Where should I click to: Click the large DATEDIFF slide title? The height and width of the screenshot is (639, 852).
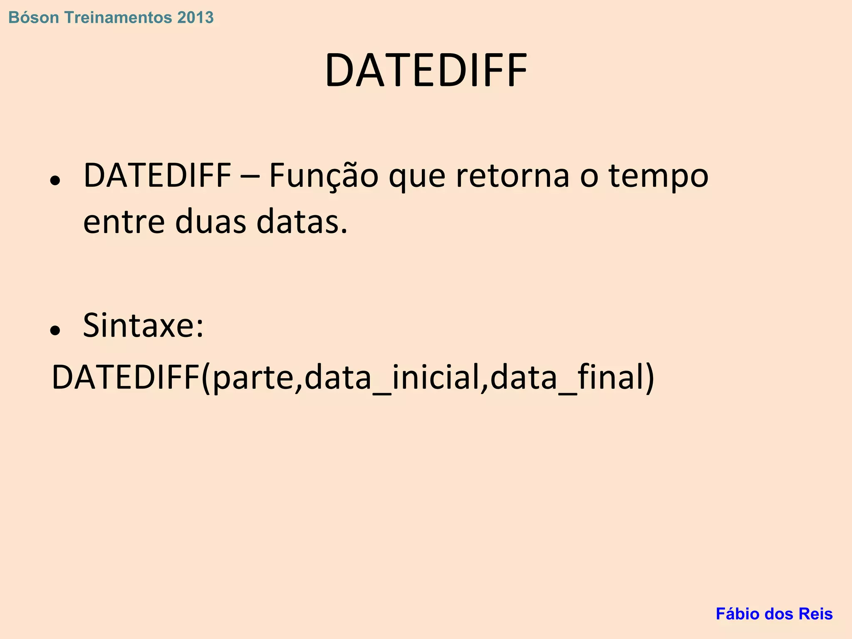pyautogui.click(x=426, y=71)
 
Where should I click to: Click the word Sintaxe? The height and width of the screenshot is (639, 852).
pyautogui.click(x=144, y=326)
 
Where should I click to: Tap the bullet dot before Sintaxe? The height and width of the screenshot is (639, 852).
pyautogui.click(x=55, y=330)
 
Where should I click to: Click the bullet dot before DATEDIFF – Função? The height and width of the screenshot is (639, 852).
pyautogui.click(x=55, y=181)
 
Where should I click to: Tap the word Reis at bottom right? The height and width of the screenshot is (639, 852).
pyautogui.click(x=817, y=614)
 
